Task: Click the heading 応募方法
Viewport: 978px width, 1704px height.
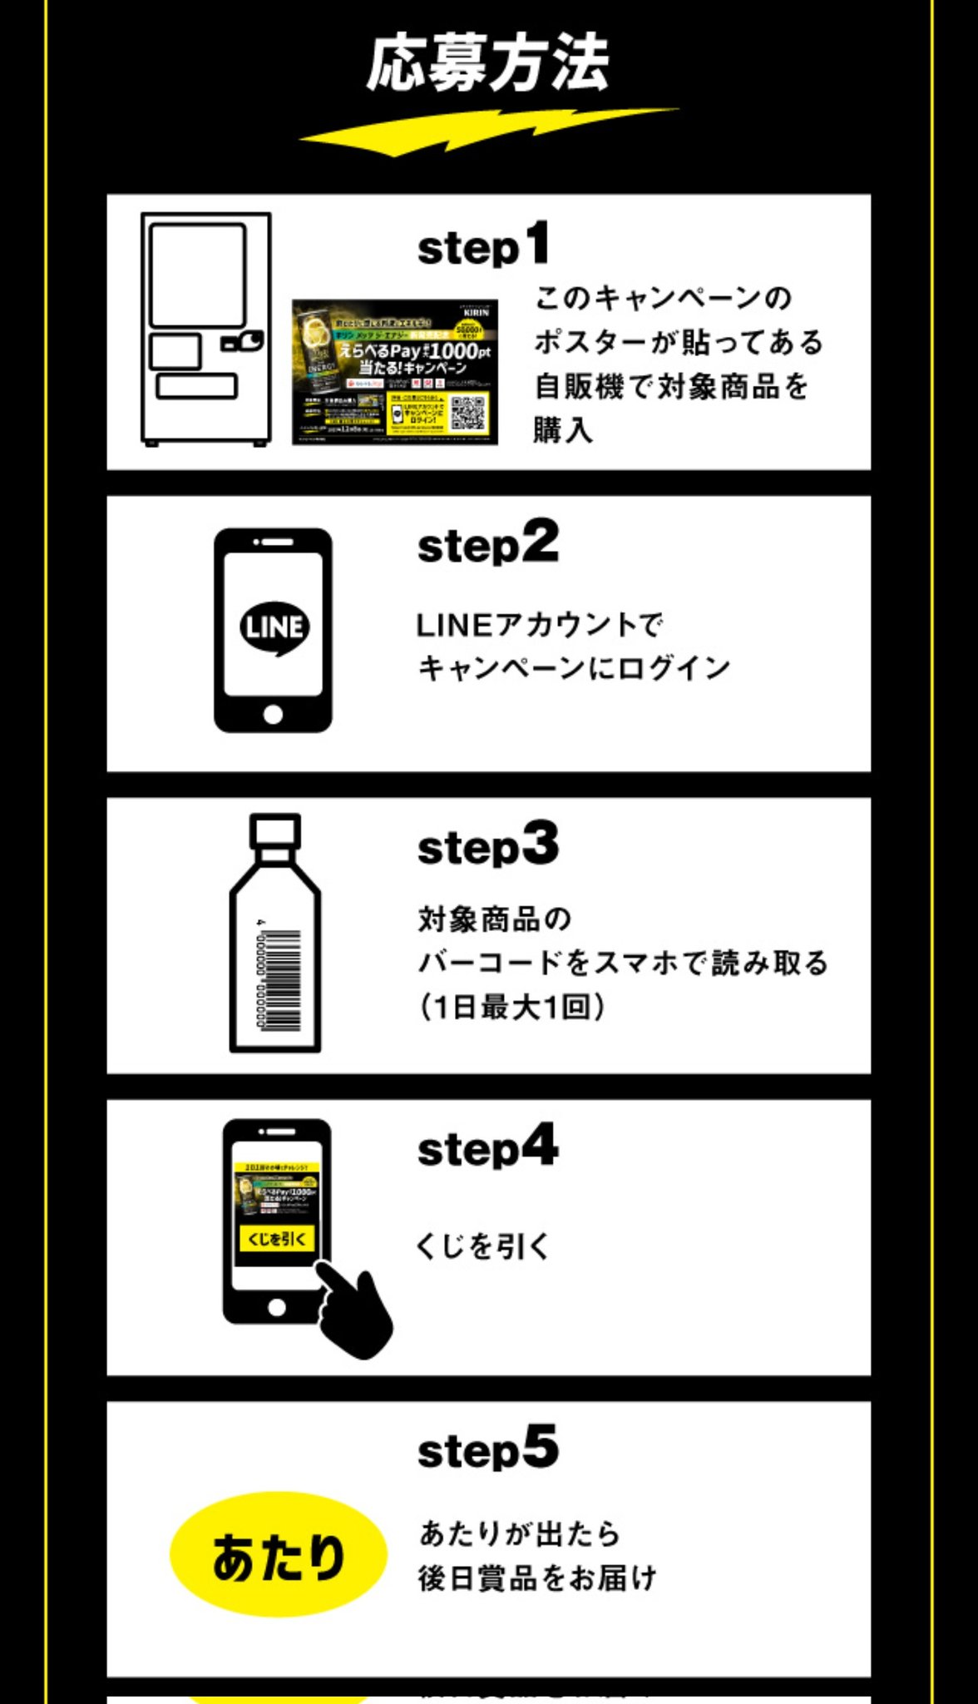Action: (x=488, y=62)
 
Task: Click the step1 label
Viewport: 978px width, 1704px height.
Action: (x=483, y=245)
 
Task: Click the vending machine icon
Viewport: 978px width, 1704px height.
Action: (x=205, y=329)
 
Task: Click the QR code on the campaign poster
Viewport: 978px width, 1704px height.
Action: (x=469, y=412)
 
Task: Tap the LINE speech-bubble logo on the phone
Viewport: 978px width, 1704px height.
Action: (x=274, y=627)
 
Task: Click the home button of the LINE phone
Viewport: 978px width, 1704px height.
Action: (x=273, y=714)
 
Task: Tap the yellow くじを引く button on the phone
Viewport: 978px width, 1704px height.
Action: (x=277, y=1238)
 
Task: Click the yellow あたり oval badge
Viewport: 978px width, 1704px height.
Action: (x=278, y=1557)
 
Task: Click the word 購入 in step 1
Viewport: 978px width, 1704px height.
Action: (x=563, y=430)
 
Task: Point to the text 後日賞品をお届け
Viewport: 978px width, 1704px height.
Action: (x=537, y=1578)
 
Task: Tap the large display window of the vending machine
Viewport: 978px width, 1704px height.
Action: (x=198, y=275)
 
